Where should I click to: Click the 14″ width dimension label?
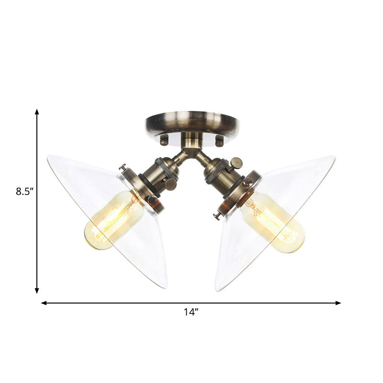[x=191, y=312]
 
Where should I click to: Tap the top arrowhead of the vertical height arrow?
[x=37, y=112]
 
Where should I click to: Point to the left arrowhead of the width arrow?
[x=44, y=303]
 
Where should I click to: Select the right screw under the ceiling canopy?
[x=220, y=141]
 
